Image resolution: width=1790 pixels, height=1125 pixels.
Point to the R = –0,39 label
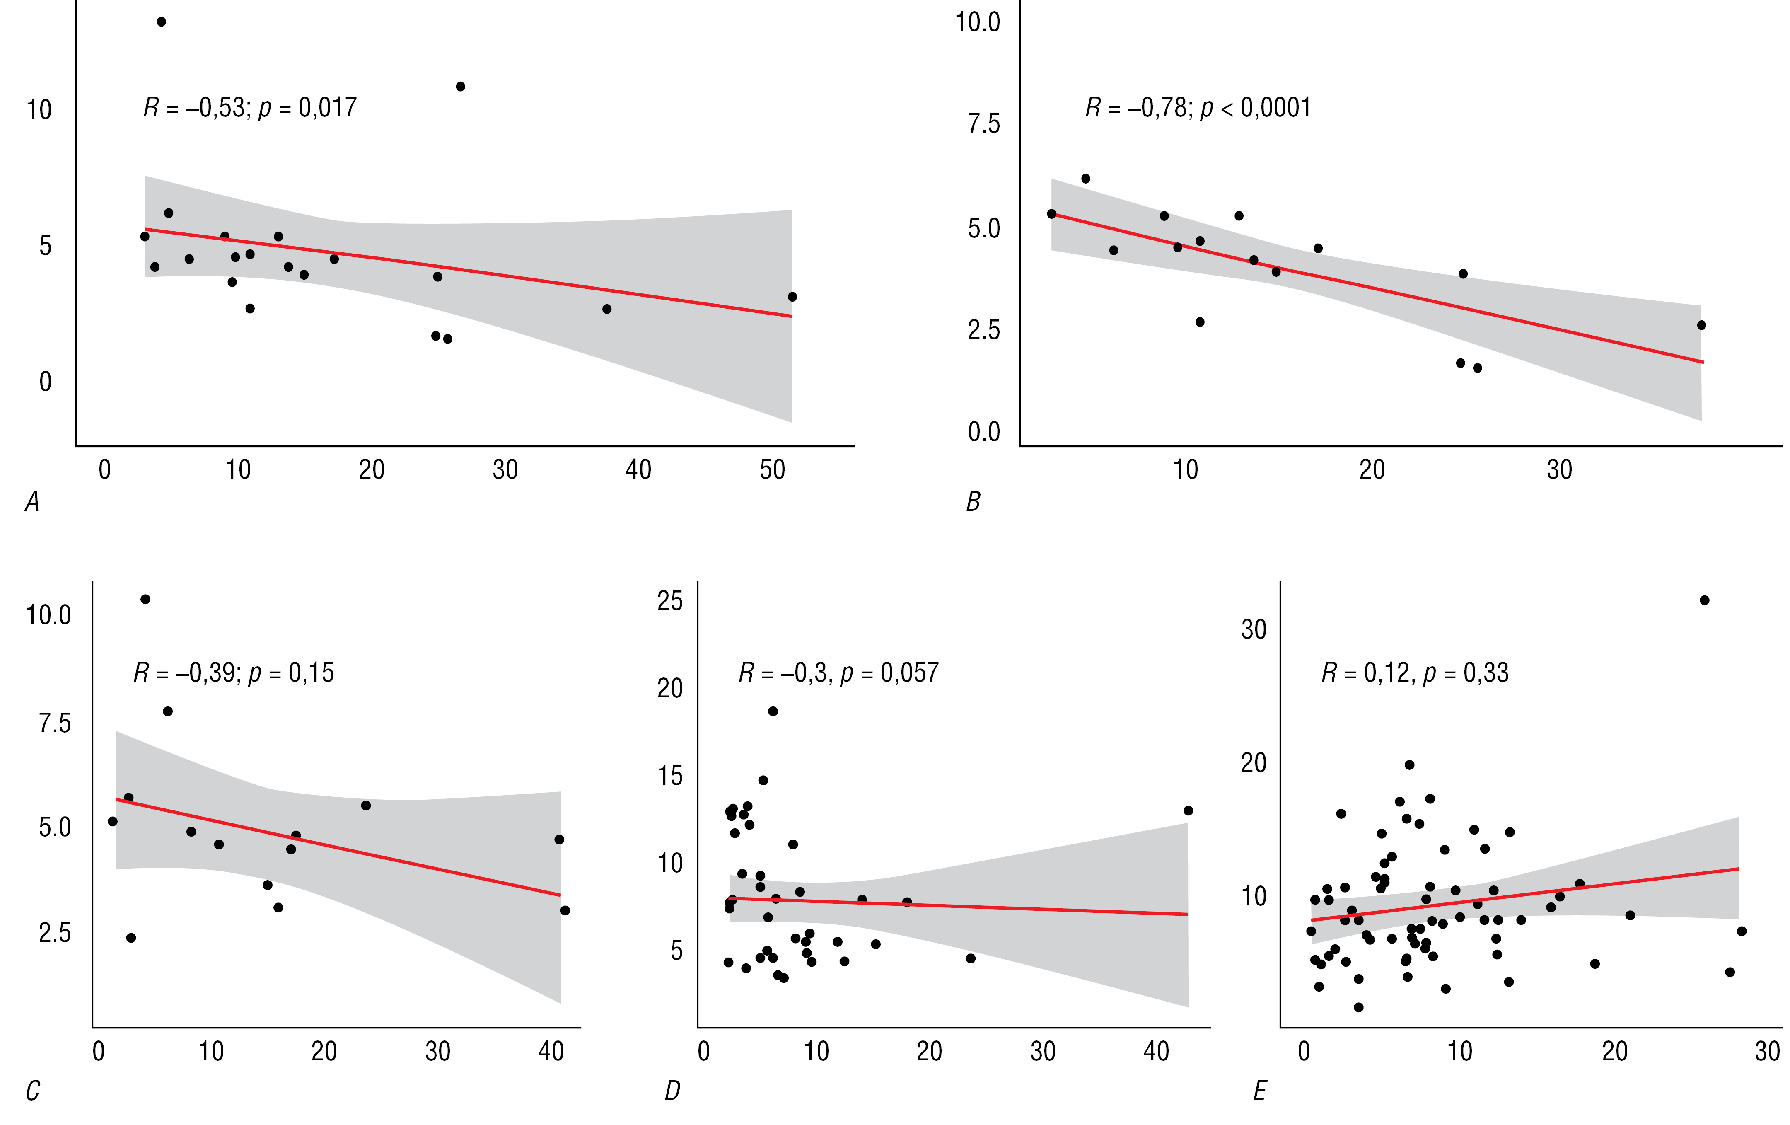click(233, 673)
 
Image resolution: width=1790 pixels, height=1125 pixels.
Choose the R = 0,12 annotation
click(1415, 673)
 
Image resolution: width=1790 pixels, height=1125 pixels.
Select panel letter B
click(973, 503)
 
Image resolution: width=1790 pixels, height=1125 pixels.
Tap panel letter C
click(33, 1091)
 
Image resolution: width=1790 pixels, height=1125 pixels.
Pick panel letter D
click(672, 1091)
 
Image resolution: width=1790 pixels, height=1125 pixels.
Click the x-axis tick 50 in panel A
click(772, 470)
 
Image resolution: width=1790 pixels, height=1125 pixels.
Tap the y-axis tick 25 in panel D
click(670, 601)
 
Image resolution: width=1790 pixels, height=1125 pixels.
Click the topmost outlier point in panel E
click(1705, 600)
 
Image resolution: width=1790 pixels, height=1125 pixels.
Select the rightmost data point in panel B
click(1701, 325)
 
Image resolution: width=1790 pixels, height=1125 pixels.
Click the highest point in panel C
click(146, 599)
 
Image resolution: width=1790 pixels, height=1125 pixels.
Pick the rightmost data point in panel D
click(1188, 810)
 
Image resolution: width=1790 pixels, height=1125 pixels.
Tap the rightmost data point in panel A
click(792, 297)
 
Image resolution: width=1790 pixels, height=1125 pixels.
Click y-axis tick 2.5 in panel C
click(55, 932)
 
